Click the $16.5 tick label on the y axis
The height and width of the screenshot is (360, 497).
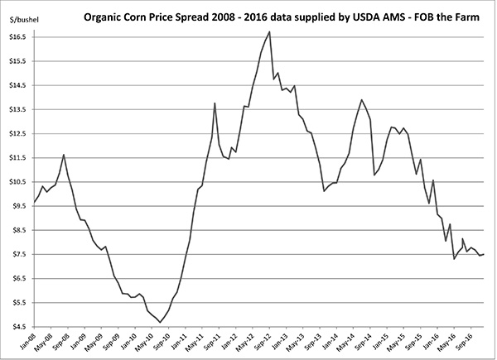click(x=17, y=37)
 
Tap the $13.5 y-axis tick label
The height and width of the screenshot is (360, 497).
click(x=17, y=109)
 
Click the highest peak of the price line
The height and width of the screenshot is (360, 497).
click(x=269, y=31)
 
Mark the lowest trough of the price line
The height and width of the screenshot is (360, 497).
click(x=158, y=321)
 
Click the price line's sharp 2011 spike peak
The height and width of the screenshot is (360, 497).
click(x=215, y=103)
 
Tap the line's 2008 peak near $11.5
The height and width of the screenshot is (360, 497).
click(x=64, y=155)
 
